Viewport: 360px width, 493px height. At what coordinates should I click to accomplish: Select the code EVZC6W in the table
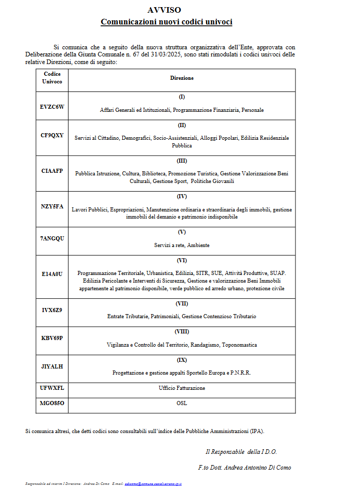(52, 106)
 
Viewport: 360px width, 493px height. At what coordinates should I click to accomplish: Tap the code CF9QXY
(52, 135)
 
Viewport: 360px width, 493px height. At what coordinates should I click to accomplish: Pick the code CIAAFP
(52, 171)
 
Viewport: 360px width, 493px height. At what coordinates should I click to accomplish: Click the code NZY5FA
(52, 206)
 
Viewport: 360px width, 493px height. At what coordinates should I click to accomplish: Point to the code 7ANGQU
(52, 238)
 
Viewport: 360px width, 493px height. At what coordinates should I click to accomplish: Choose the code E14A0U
(52, 274)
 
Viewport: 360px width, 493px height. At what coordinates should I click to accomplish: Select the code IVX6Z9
(52, 310)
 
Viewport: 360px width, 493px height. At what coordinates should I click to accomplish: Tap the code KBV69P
(52, 338)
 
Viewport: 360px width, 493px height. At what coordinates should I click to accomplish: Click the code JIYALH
(52, 366)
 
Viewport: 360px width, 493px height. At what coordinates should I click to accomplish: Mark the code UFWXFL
(52, 388)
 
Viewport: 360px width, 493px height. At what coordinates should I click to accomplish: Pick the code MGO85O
(52, 403)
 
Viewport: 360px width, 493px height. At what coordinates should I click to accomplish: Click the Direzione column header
(181, 78)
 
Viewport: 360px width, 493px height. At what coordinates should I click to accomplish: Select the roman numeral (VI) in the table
(181, 260)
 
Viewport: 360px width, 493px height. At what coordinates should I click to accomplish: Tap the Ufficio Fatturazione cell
(181, 388)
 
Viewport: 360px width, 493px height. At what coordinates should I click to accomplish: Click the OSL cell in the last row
(181, 403)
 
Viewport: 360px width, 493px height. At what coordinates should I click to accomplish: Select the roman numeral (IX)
(181, 360)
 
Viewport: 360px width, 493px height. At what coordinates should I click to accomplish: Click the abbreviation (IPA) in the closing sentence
(256, 431)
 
